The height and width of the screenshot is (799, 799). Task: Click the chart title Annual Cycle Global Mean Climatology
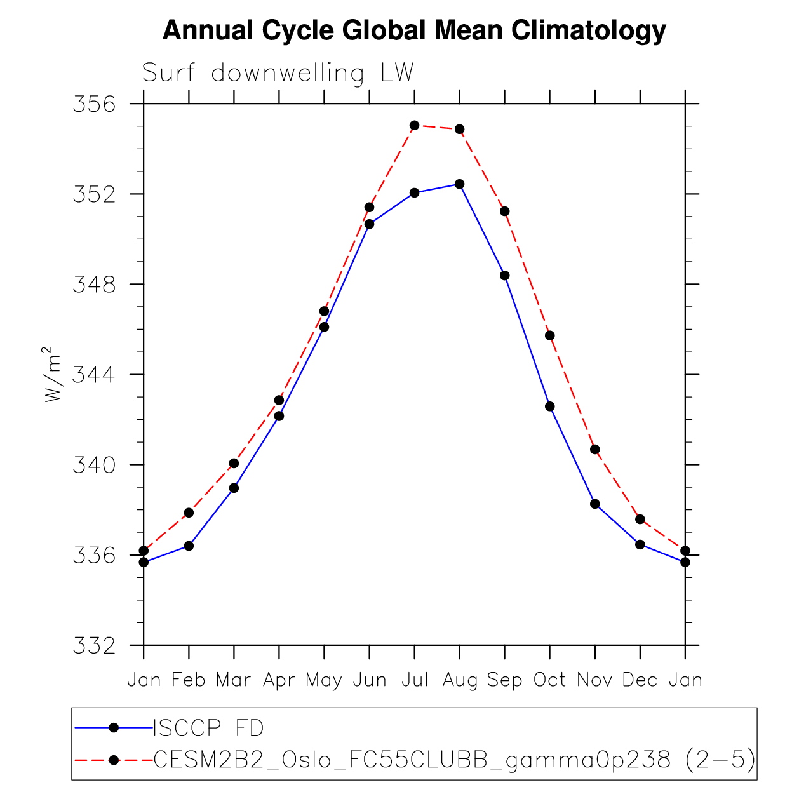pos(414,30)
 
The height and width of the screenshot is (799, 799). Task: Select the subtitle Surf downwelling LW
pos(278,73)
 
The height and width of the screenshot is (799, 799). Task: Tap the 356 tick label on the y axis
pos(95,104)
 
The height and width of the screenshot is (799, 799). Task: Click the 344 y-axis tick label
pos(95,374)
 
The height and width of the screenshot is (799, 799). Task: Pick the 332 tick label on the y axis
pos(95,646)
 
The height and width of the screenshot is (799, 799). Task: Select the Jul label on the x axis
pos(415,680)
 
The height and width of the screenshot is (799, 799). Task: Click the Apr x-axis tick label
pos(279,680)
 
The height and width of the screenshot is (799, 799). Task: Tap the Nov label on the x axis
pos(594,680)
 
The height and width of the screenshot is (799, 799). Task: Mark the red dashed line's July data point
pos(415,125)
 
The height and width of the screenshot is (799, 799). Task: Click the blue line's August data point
pos(460,184)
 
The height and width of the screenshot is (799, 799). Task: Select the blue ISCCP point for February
pos(189,546)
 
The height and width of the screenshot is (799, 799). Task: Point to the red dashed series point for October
pos(550,335)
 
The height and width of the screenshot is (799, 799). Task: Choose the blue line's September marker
pos(505,275)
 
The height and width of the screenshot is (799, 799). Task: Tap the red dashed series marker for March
pos(234,463)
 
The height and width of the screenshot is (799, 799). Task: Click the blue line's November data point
pos(595,504)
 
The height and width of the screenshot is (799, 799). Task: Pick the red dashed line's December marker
pos(640,520)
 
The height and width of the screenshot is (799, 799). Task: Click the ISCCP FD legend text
pos(208,728)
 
